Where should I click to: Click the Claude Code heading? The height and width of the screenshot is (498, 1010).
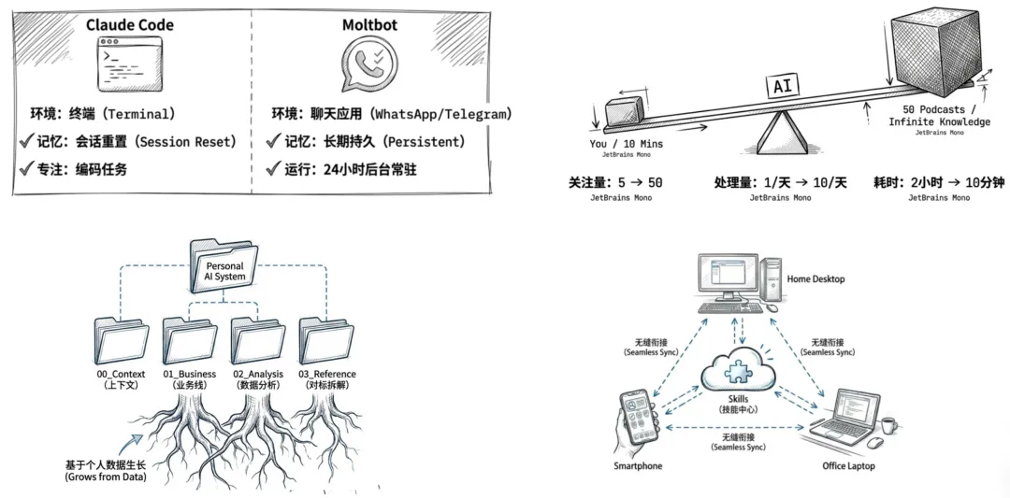point(130,24)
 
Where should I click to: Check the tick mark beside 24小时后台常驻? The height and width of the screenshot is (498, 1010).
point(274,169)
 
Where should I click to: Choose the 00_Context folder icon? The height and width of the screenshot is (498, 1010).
point(122,340)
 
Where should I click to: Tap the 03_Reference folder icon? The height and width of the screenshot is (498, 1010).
point(326,340)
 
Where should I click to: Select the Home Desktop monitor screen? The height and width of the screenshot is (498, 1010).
point(727,276)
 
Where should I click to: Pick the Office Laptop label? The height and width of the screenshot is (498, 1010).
point(847,466)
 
